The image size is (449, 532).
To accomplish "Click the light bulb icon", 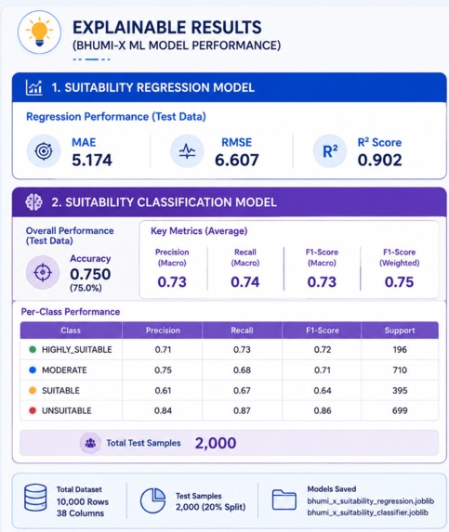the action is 39,32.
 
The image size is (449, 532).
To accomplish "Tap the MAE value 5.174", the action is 92,160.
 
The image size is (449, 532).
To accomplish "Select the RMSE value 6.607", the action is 237,160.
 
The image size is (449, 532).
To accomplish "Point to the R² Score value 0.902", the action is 379,160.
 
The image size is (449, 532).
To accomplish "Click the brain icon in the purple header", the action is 33,202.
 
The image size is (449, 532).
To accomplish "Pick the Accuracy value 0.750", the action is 90,274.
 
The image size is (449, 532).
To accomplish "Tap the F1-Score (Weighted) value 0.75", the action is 399,282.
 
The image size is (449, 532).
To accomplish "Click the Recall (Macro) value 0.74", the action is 244,282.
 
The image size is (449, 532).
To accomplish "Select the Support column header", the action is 400,331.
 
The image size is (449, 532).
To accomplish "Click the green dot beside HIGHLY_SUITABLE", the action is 33,349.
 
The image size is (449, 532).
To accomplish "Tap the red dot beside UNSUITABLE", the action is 33,410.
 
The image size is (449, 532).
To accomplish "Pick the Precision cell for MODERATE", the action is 163,370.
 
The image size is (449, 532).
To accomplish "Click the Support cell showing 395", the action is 400,391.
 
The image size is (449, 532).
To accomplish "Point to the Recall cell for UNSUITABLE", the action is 242,410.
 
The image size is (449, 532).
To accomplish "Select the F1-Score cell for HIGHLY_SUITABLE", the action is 323,349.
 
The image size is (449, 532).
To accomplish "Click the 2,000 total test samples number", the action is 216,443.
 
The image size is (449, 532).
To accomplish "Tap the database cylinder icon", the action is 35,498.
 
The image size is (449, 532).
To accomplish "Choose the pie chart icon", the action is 152,500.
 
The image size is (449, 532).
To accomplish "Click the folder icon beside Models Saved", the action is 284,500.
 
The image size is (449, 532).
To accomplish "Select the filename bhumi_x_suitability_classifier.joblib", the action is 368,513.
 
